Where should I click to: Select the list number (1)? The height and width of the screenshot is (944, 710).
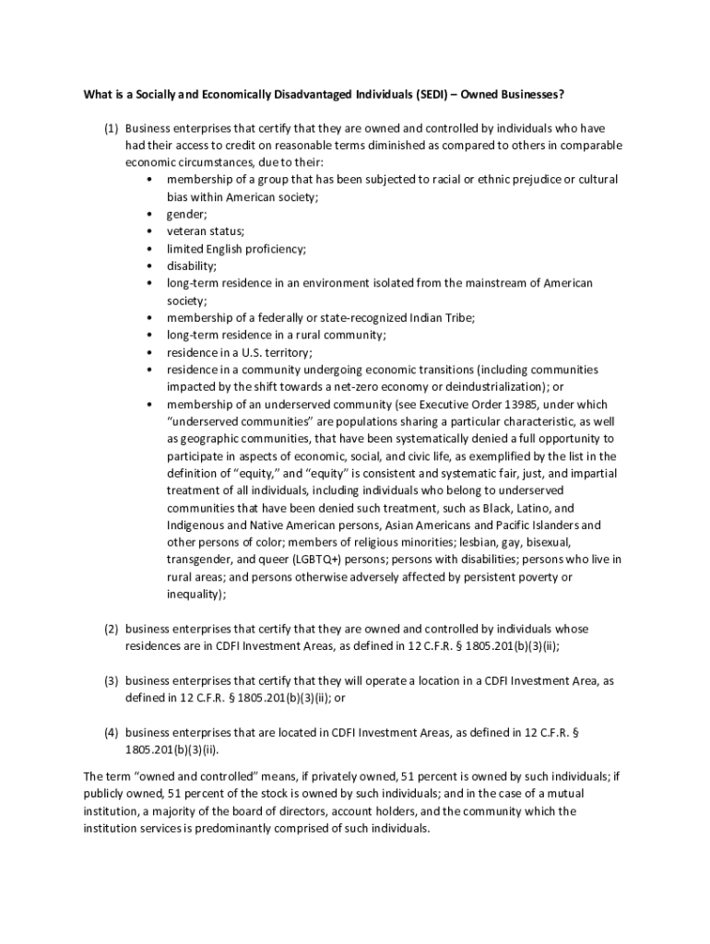[x=110, y=128]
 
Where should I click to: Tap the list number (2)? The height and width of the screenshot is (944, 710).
[x=110, y=629]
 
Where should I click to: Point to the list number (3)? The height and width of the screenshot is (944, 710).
[x=110, y=680]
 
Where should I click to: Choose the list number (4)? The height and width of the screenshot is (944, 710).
[x=110, y=732]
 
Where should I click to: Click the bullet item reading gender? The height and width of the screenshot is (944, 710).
[x=187, y=214]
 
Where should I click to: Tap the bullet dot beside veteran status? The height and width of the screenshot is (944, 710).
[x=148, y=231]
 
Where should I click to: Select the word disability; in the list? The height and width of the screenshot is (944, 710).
[x=192, y=265]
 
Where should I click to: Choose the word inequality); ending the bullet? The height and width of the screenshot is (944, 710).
[x=196, y=595]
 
